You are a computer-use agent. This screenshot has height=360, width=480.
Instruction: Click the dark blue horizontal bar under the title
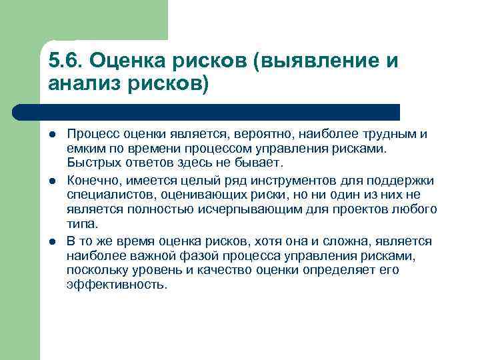tap(220, 112)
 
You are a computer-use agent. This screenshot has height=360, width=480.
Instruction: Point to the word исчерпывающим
tap(237, 209)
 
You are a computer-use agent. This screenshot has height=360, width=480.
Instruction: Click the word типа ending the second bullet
tap(82, 223)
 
